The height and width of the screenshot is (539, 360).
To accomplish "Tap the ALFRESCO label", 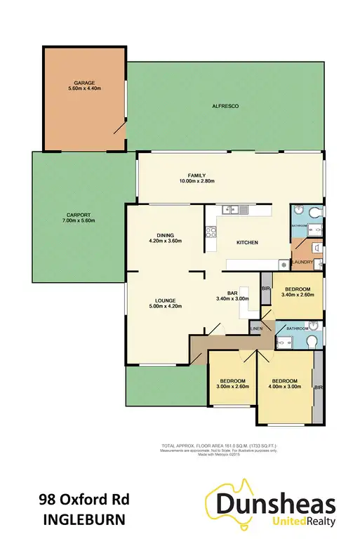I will (226, 105).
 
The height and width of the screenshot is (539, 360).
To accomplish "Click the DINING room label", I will (166, 234).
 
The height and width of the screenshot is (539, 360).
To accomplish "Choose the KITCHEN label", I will (247, 243).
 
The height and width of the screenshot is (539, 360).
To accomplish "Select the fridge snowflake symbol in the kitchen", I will (282, 265).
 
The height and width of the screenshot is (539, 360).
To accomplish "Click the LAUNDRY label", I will (303, 262).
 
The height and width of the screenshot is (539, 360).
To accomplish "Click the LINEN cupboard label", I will (256, 328).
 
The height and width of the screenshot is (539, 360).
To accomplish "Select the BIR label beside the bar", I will (266, 288).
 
